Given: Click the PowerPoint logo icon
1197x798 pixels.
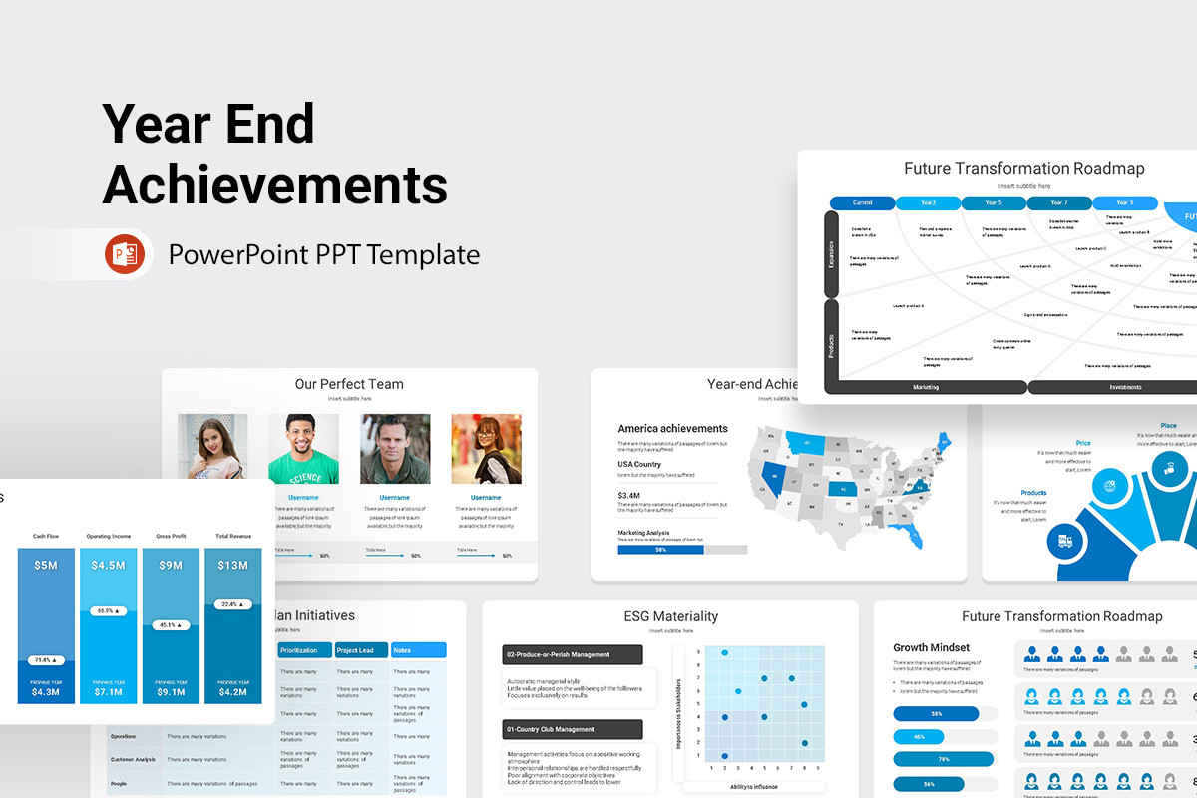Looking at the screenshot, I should coord(125,255).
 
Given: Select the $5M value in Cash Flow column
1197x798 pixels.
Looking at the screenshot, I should coord(46,566).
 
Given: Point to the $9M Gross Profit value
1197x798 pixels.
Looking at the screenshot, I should coord(171,566).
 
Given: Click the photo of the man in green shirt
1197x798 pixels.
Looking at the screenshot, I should coord(303,449).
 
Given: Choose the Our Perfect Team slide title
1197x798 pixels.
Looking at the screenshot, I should coord(349,384).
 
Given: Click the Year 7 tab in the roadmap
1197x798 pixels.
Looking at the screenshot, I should coord(1058,202).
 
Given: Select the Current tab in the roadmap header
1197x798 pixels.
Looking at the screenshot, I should coord(862,202).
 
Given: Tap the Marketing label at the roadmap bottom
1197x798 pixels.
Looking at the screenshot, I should coord(925,387).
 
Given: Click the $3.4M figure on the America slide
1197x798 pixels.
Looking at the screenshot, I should coord(629,495).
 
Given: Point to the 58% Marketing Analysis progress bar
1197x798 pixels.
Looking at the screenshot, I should coord(660,550).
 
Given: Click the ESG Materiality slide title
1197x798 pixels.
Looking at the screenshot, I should coord(669,616).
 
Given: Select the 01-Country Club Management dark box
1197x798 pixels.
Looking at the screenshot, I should coord(572,729).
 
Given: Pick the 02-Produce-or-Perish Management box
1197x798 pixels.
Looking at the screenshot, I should coord(572,654).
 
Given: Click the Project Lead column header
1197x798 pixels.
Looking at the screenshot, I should coord(360,650).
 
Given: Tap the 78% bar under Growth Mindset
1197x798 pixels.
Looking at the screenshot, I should coord(944,759).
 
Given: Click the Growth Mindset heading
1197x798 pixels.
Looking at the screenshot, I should coord(932,647).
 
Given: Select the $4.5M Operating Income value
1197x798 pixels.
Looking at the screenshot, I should coord(108,566).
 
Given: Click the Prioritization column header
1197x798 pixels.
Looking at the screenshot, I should coord(303,650).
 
